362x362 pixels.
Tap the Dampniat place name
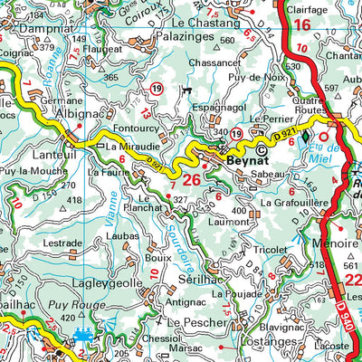click(33, 27)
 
